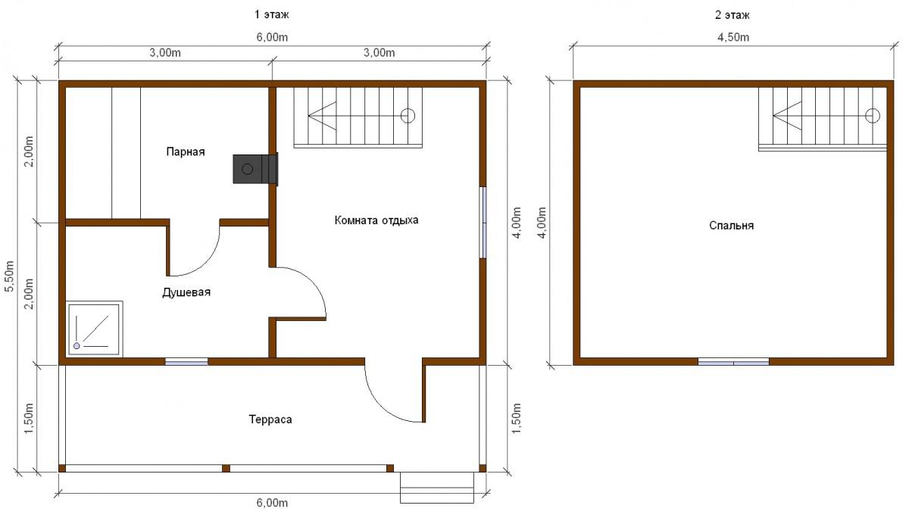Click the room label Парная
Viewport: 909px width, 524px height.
[x=186, y=152]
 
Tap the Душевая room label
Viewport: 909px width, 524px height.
[x=186, y=292]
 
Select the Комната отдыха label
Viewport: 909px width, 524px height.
[x=376, y=220]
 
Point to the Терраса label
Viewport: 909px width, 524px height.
[x=270, y=420]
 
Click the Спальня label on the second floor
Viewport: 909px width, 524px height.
[x=731, y=226]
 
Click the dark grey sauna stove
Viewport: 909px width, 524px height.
[x=255, y=169]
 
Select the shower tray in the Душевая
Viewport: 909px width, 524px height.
[x=94, y=329]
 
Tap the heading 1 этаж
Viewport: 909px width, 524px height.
[x=271, y=14]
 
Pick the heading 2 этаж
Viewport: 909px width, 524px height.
[x=732, y=15]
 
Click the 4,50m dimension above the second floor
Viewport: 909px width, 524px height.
[x=733, y=37]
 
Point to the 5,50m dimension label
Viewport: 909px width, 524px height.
[x=9, y=276]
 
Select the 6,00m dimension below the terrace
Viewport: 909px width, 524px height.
[x=272, y=503]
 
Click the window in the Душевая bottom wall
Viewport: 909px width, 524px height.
[x=186, y=361]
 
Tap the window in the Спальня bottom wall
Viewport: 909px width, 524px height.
[x=733, y=361]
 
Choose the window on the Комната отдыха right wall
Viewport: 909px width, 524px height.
[x=483, y=223]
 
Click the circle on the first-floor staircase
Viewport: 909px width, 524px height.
[x=408, y=116]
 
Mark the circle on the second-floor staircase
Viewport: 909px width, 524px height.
[x=873, y=116]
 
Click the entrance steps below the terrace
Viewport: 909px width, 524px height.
[x=437, y=488]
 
